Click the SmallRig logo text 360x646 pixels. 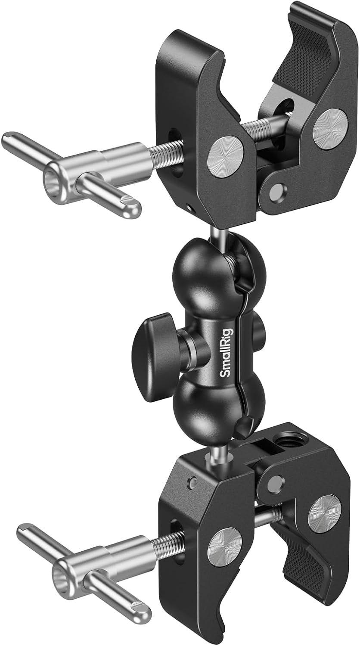[x=227, y=353]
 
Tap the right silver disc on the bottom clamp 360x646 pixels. [x=325, y=514]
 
